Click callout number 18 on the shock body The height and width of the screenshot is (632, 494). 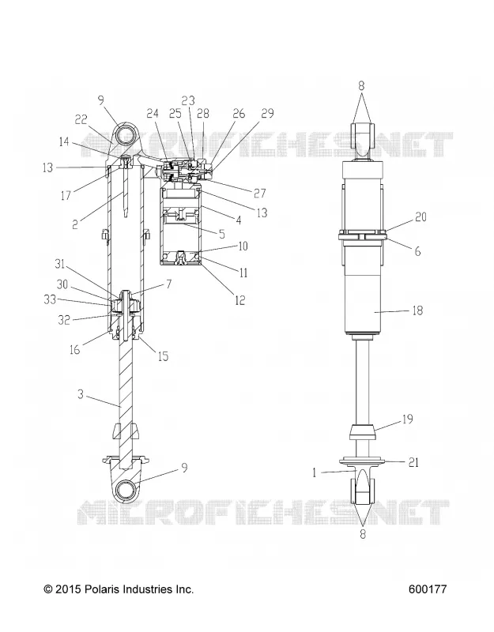[x=417, y=310]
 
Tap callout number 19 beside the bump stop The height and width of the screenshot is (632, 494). [x=408, y=419]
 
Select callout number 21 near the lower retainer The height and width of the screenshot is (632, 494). [x=413, y=462]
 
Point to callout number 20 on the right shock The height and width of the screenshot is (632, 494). [x=420, y=216]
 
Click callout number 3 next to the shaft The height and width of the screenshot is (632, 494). [x=81, y=393]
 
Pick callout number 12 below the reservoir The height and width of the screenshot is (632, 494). [x=240, y=300]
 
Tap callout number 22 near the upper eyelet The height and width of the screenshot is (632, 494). [x=81, y=120]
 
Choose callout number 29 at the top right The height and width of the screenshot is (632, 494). [x=268, y=113]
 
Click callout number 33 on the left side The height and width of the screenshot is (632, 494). [x=50, y=299]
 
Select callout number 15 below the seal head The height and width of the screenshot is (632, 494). [x=163, y=356]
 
